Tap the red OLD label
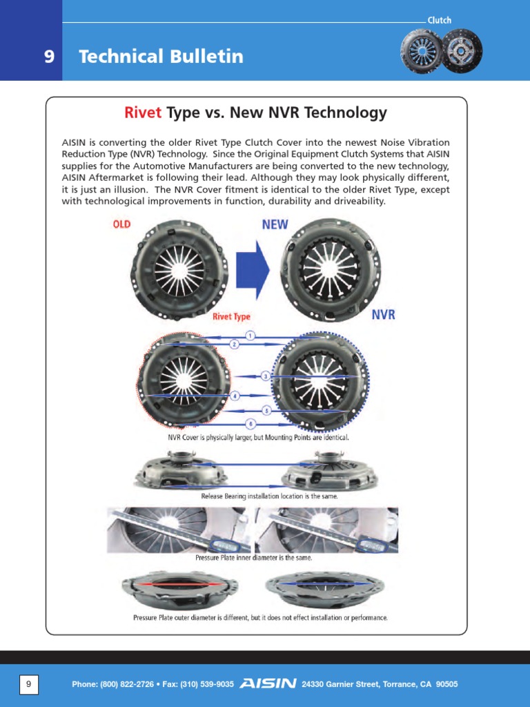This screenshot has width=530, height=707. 121,224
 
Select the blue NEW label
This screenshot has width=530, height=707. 275,224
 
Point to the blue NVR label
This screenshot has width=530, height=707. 384,315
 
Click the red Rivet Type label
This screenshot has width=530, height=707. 231,317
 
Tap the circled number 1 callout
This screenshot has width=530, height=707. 251,336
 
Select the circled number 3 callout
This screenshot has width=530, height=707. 266,376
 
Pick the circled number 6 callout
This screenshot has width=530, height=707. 251,423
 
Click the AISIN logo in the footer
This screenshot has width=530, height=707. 268,684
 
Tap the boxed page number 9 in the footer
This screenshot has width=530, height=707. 29,684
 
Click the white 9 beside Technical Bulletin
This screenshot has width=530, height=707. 49,57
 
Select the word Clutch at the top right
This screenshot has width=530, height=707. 440,21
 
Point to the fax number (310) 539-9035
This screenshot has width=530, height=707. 200,684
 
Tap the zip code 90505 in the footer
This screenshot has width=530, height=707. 445,684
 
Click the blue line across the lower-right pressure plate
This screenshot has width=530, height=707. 322,583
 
